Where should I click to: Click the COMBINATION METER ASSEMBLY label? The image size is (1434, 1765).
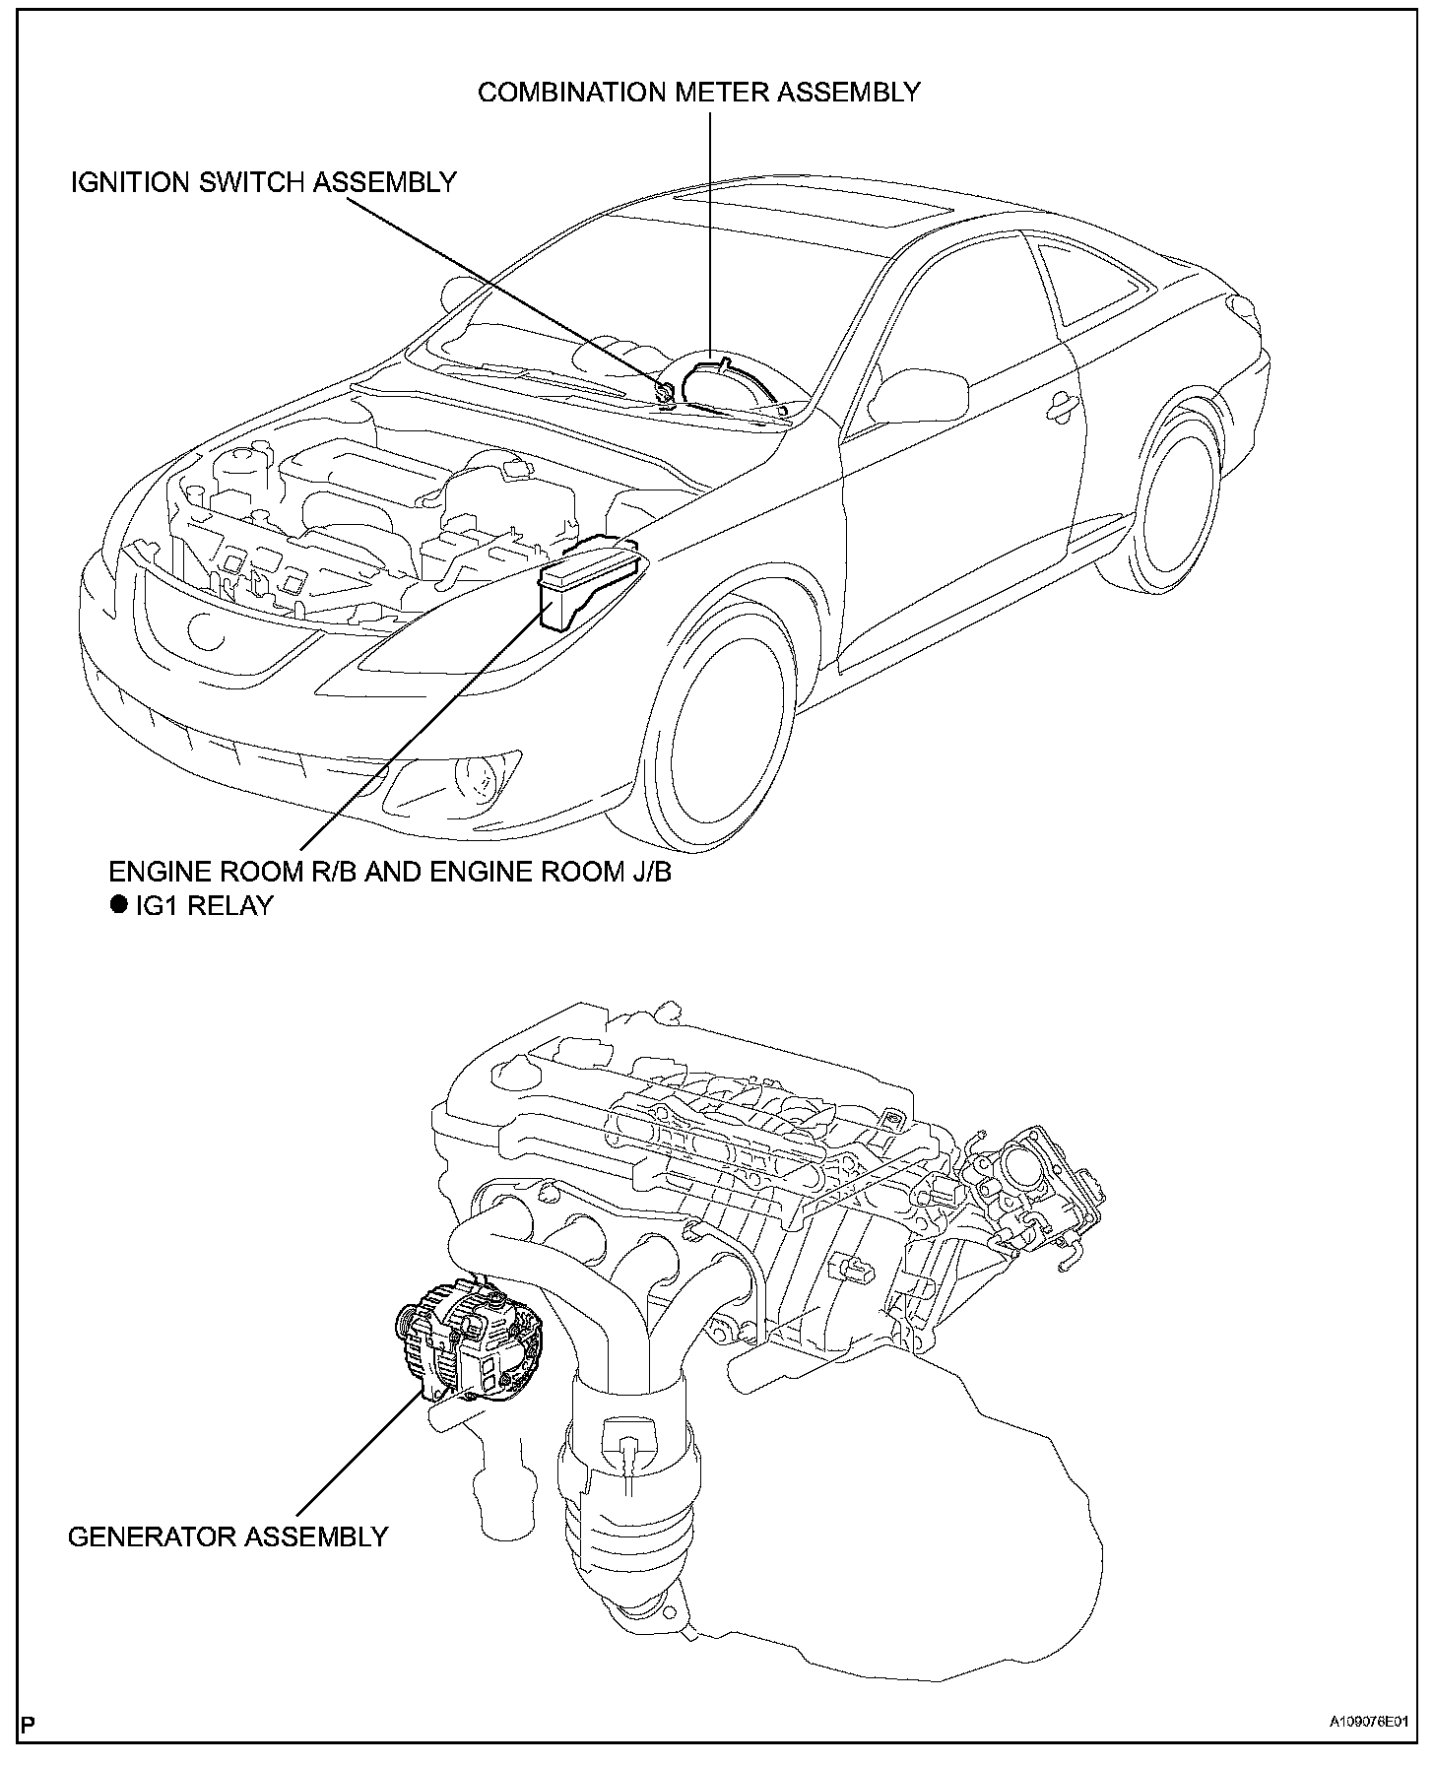click(x=698, y=93)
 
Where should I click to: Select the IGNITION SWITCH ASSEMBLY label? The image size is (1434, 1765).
click(x=263, y=182)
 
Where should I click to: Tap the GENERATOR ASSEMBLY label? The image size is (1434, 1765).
click(x=228, y=1536)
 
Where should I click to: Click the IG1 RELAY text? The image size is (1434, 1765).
click(x=203, y=906)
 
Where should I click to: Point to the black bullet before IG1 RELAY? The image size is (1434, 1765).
click(x=119, y=905)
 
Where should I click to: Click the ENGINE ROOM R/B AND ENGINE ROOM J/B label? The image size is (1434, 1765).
click(x=390, y=872)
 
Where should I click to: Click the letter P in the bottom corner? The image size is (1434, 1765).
click(x=27, y=1750)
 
